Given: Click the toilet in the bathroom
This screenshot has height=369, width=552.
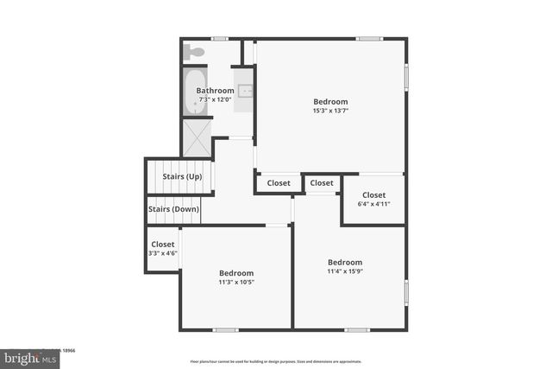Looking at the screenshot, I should [195, 52].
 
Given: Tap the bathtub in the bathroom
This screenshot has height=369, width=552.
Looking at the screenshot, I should [191, 92].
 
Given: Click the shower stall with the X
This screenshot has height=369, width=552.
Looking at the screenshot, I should [196, 137].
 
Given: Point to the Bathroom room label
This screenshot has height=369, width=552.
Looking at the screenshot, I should [215, 91].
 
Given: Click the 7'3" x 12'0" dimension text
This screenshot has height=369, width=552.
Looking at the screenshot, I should [215, 99].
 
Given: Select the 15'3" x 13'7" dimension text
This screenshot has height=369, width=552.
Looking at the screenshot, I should [330, 110].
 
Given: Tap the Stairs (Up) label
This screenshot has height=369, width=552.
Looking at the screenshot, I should [182, 177].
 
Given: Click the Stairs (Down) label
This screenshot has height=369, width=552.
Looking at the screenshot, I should [173, 209].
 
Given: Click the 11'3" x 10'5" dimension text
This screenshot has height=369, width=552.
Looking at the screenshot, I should [235, 282].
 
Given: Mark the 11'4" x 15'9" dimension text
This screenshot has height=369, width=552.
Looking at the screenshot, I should [344, 271].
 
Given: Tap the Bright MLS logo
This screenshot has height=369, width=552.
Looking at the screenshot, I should [27, 357].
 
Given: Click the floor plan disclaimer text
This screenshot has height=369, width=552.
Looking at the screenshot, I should [276, 361].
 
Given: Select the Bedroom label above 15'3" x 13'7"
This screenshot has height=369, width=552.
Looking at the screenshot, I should [330, 100].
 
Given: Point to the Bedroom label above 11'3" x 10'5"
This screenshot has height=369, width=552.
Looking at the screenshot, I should [235, 273].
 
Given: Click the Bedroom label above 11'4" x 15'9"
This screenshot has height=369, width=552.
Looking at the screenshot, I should [344, 262].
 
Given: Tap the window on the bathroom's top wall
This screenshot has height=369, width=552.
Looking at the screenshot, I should [220, 38].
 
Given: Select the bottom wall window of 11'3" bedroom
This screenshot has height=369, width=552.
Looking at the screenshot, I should [226, 329].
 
